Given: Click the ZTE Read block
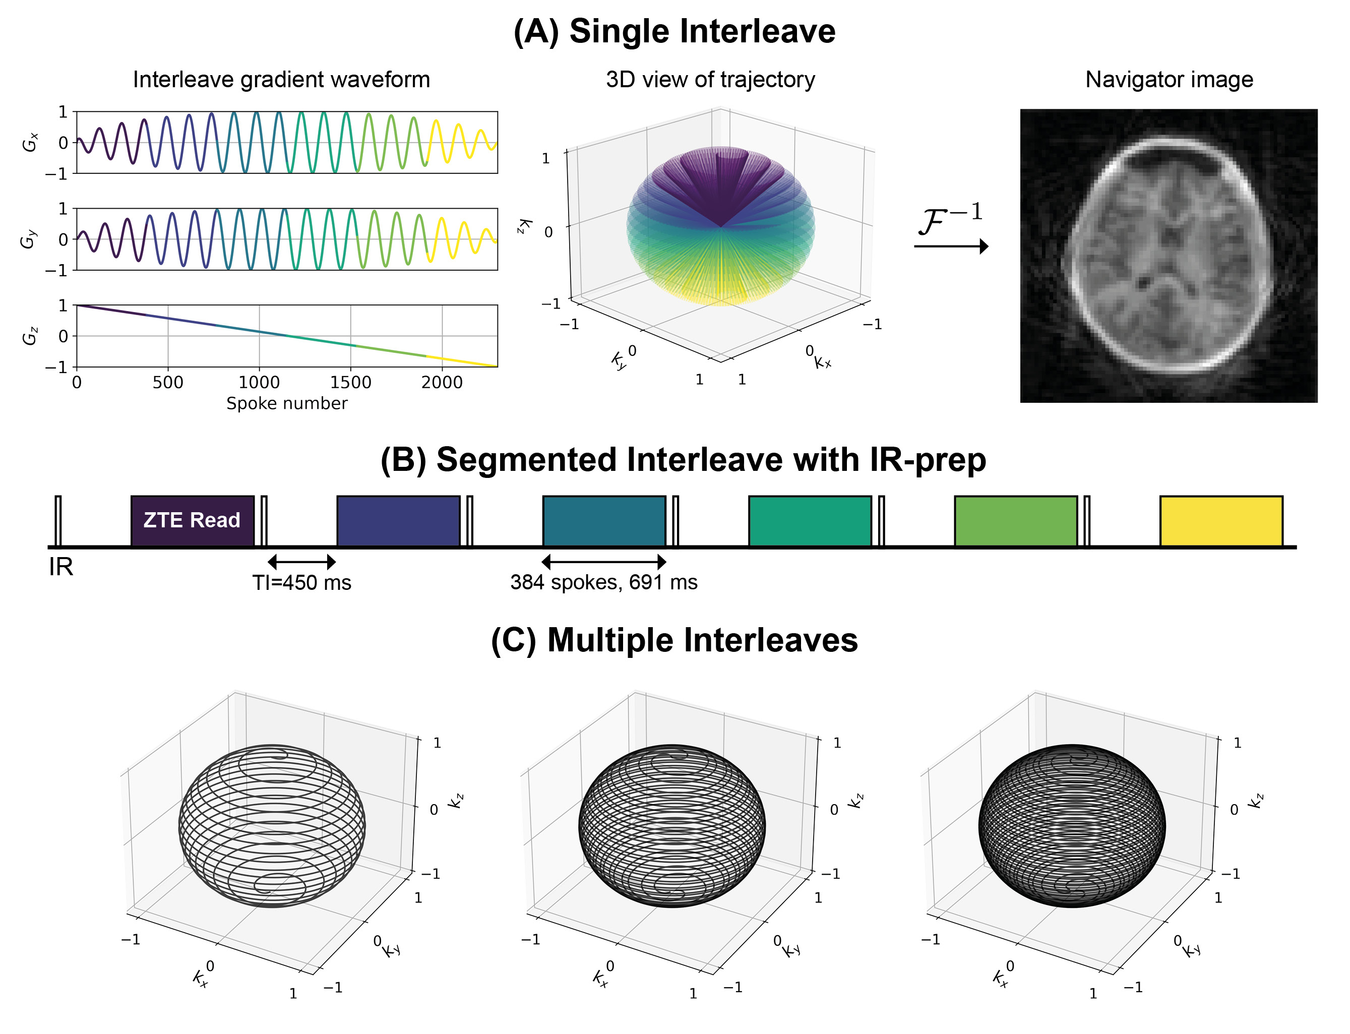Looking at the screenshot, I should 192,521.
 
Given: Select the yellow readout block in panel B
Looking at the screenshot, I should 1221,521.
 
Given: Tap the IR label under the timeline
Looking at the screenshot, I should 61,567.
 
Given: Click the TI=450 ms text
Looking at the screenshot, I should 301,582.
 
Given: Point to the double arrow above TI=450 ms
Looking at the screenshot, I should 301,561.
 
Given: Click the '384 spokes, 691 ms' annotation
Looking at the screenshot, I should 603,582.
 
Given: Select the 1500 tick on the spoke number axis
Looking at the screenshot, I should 351,382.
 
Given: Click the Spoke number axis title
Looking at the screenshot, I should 287,403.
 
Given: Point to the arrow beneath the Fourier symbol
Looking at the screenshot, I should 951,246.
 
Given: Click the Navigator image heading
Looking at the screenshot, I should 1169,79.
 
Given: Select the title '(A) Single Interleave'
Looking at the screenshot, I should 674,31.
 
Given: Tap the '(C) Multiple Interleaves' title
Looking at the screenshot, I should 674,640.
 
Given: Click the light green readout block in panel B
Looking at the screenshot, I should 1015,521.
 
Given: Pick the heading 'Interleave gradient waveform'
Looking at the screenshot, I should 281,79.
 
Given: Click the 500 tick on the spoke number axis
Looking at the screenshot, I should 168,382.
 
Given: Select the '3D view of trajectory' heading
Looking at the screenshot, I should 710,79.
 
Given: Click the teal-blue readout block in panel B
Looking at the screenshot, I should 603,521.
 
